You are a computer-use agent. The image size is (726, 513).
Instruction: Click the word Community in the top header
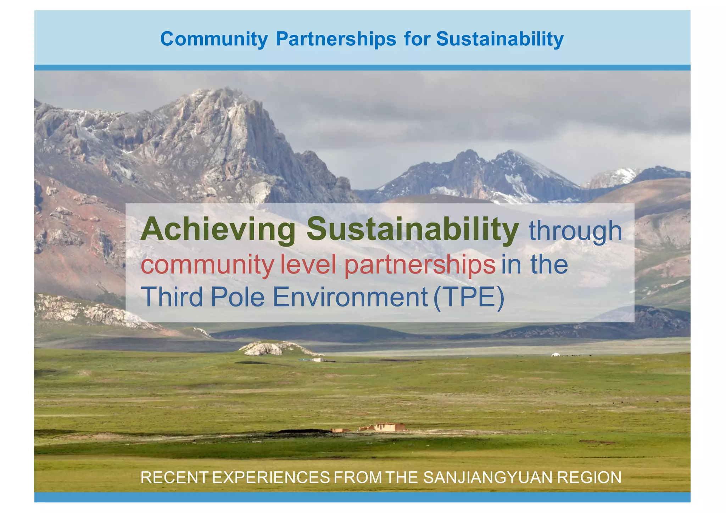point(214,39)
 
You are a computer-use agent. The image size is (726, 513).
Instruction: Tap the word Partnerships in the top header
point(336,39)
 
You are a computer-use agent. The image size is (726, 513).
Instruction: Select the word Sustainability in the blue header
point(499,39)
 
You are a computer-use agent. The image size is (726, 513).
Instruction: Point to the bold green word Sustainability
point(413,230)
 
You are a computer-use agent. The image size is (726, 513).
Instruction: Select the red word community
point(207,265)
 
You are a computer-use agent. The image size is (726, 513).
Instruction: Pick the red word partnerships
point(420,265)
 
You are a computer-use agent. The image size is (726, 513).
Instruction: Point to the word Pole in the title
point(238,297)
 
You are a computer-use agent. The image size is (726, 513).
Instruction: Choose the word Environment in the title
point(350,297)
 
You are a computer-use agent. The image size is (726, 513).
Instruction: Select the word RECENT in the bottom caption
point(174,478)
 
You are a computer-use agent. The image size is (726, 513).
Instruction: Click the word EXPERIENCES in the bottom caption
point(271,478)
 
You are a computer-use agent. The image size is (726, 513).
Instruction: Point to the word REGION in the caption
point(589,478)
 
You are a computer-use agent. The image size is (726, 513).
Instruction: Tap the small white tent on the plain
point(555,354)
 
